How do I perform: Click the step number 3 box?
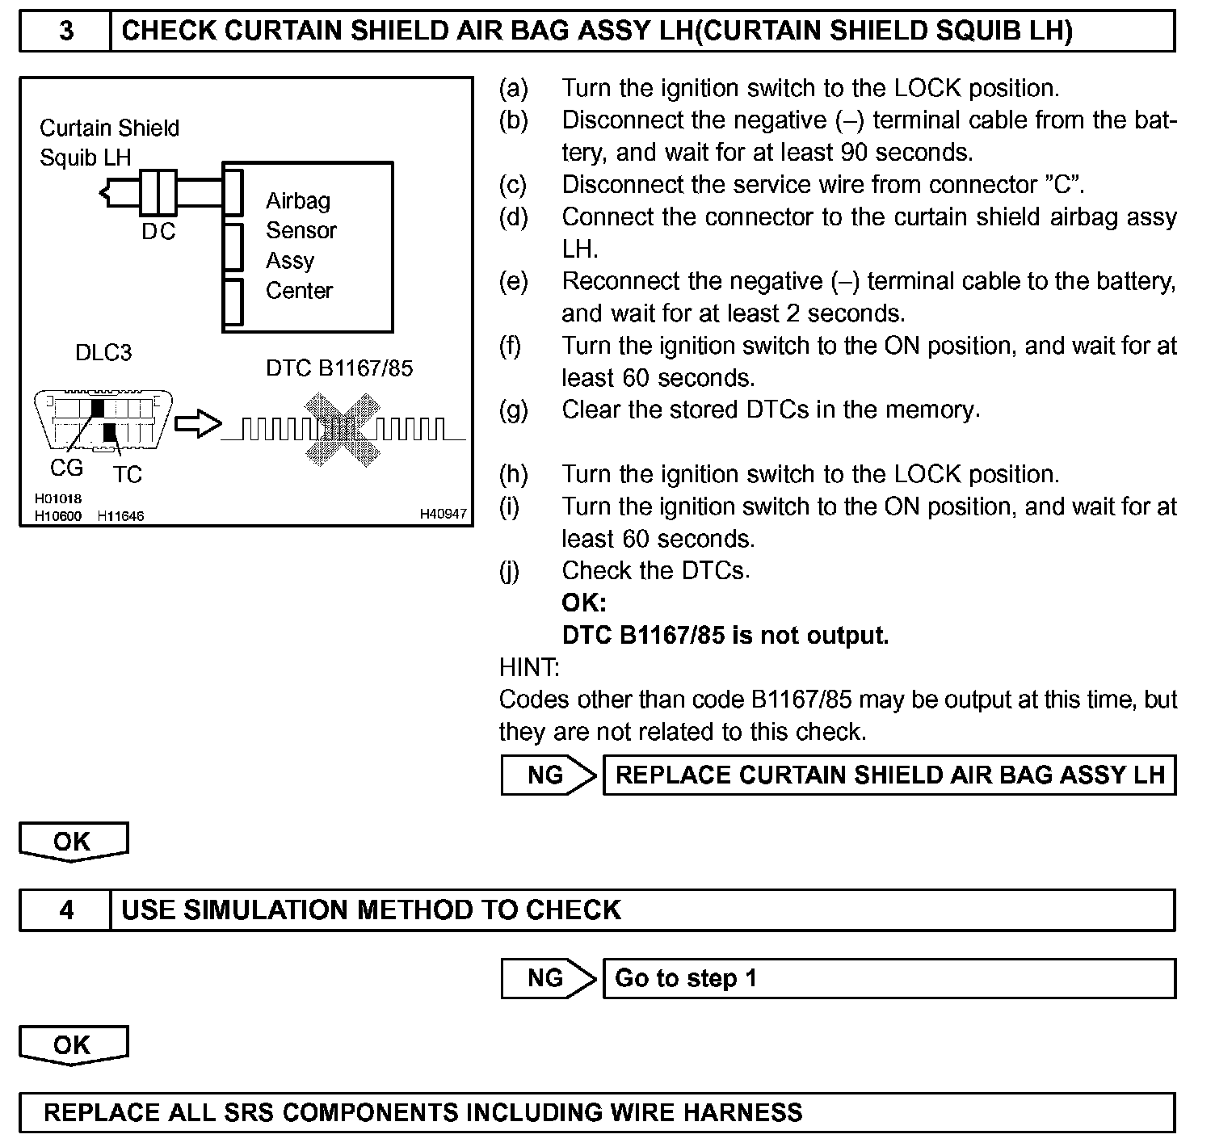pos(65,31)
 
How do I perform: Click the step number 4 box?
pos(65,910)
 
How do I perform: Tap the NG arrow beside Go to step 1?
pos(548,978)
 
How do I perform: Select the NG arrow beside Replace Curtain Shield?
pos(548,775)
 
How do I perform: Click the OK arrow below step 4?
pos(73,1045)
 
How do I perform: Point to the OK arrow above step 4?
pos(73,842)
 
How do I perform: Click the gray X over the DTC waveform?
pos(343,429)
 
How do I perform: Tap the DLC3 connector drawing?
pos(103,420)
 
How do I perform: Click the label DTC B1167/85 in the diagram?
pos(339,368)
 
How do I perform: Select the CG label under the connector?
pos(66,468)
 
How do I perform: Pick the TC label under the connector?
pos(127,474)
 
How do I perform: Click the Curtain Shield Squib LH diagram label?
pos(108,142)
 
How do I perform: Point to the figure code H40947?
pos(443,514)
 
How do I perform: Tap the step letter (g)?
pos(513,410)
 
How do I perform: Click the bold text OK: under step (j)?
pos(583,603)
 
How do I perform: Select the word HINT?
pos(529,667)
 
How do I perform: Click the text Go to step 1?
pos(686,978)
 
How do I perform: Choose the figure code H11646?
pos(120,515)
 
